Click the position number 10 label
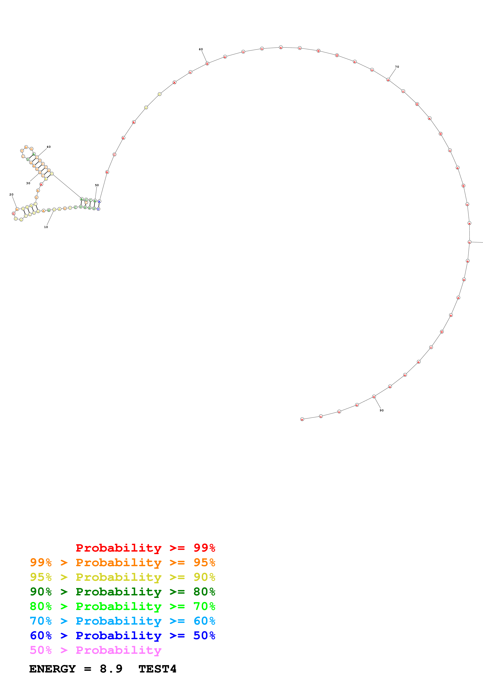click(x=46, y=227)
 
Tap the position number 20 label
click(x=11, y=195)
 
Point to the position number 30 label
click(x=28, y=183)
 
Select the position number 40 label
click(x=49, y=147)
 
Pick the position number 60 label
click(x=201, y=49)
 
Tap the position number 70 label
click(x=397, y=67)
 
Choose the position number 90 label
click(x=381, y=410)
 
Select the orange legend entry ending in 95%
click(x=122, y=562)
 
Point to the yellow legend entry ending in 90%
click(x=122, y=577)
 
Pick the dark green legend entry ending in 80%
click(x=122, y=592)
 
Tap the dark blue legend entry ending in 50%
click(x=122, y=635)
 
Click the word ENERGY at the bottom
click(x=52, y=669)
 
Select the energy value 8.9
click(x=111, y=669)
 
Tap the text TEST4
click(x=157, y=669)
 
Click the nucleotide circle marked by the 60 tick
click(x=208, y=63)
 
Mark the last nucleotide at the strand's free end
click(x=302, y=419)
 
